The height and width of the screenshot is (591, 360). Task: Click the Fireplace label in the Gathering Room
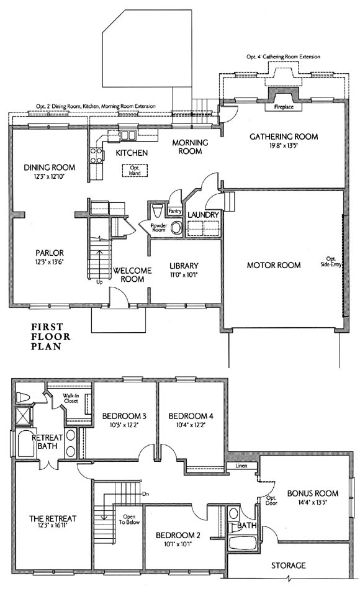(284, 107)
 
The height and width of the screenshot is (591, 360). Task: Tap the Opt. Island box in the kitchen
(135, 170)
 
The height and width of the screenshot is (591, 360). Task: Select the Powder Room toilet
(158, 210)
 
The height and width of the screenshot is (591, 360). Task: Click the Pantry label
(175, 211)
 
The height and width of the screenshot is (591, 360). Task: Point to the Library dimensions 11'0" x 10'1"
(184, 275)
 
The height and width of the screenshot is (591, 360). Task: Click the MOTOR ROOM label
(274, 265)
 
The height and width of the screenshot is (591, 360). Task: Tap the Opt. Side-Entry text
(331, 261)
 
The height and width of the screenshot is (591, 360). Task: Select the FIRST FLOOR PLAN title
(50, 336)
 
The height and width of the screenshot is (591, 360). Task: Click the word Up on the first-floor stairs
(99, 282)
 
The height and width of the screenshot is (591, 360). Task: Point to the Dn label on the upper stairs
(146, 494)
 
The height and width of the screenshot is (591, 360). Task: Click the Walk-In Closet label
(71, 399)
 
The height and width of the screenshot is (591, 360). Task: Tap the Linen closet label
(241, 466)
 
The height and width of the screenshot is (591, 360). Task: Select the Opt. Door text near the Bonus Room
(271, 500)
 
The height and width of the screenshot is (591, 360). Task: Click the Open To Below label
(129, 520)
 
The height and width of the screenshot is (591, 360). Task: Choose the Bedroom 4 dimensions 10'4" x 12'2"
(191, 425)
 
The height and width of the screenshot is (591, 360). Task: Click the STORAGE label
(289, 566)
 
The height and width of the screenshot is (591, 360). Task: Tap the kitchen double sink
(128, 135)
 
